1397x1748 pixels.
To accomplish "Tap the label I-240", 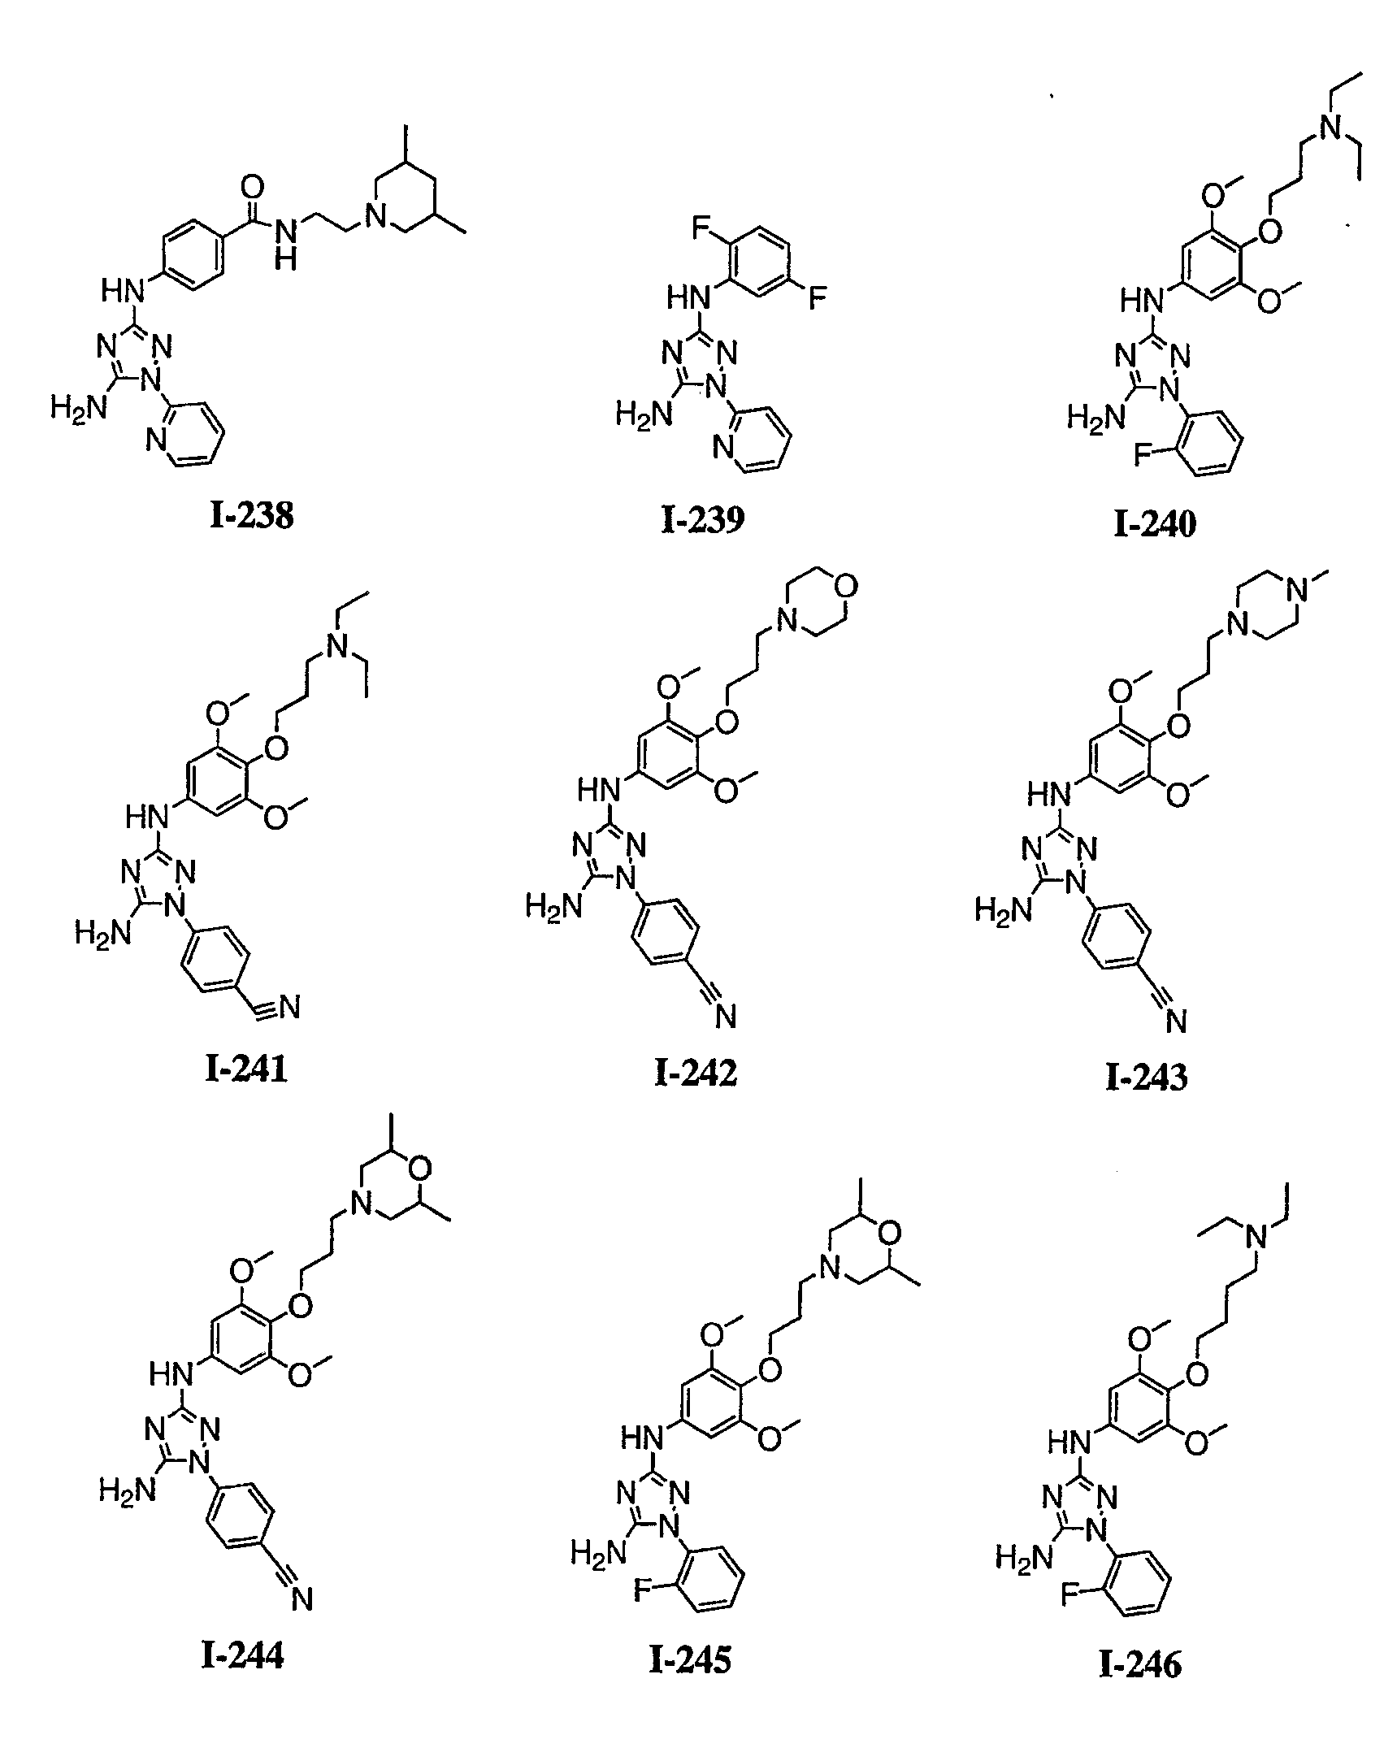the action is [1155, 524].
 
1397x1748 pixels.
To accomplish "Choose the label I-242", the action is [696, 1073].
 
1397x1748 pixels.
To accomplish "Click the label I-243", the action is [1147, 1078].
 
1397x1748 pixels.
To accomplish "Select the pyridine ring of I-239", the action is [753, 446].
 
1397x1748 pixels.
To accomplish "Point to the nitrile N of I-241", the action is [289, 1008].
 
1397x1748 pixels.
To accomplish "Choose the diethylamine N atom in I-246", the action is [1257, 1260].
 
